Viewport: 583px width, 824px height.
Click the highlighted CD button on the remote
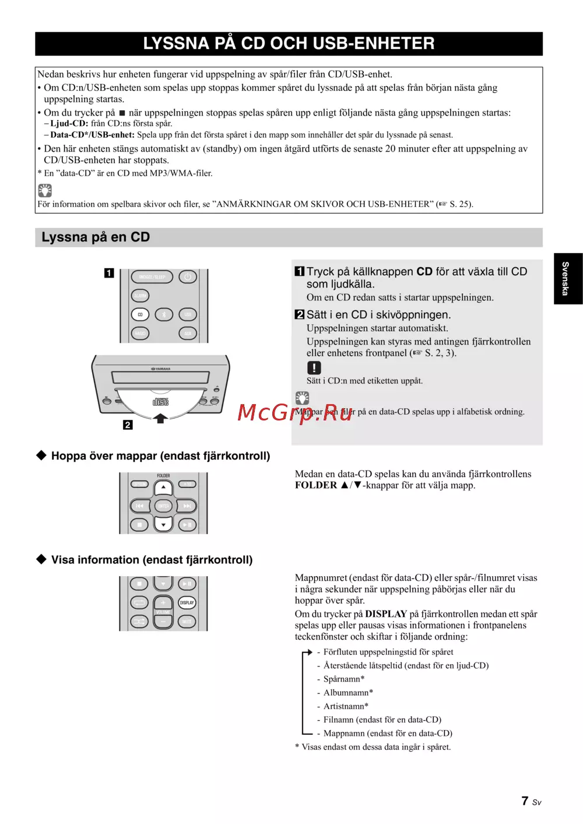point(140,315)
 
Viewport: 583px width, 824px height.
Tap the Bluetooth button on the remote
point(164,315)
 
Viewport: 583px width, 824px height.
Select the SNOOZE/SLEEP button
point(152,277)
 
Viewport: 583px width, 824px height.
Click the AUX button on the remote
point(188,334)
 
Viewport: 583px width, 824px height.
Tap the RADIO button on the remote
point(140,334)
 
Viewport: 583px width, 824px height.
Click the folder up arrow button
point(163,488)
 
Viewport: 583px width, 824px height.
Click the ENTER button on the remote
point(163,506)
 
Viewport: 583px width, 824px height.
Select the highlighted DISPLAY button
point(187,602)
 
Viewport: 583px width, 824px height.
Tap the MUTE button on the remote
point(187,622)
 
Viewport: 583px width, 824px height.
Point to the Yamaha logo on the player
point(161,369)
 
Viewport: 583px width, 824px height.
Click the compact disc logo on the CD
point(160,402)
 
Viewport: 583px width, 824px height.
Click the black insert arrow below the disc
point(160,418)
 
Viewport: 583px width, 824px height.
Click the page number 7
point(525,801)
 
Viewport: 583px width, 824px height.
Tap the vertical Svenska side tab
point(566,279)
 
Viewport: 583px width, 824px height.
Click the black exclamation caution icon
point(314,368)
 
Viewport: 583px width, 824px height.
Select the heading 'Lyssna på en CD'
point(96,237)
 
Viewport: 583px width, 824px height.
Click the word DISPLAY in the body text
point(386,614)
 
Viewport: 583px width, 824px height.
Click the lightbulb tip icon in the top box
point(45,190)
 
